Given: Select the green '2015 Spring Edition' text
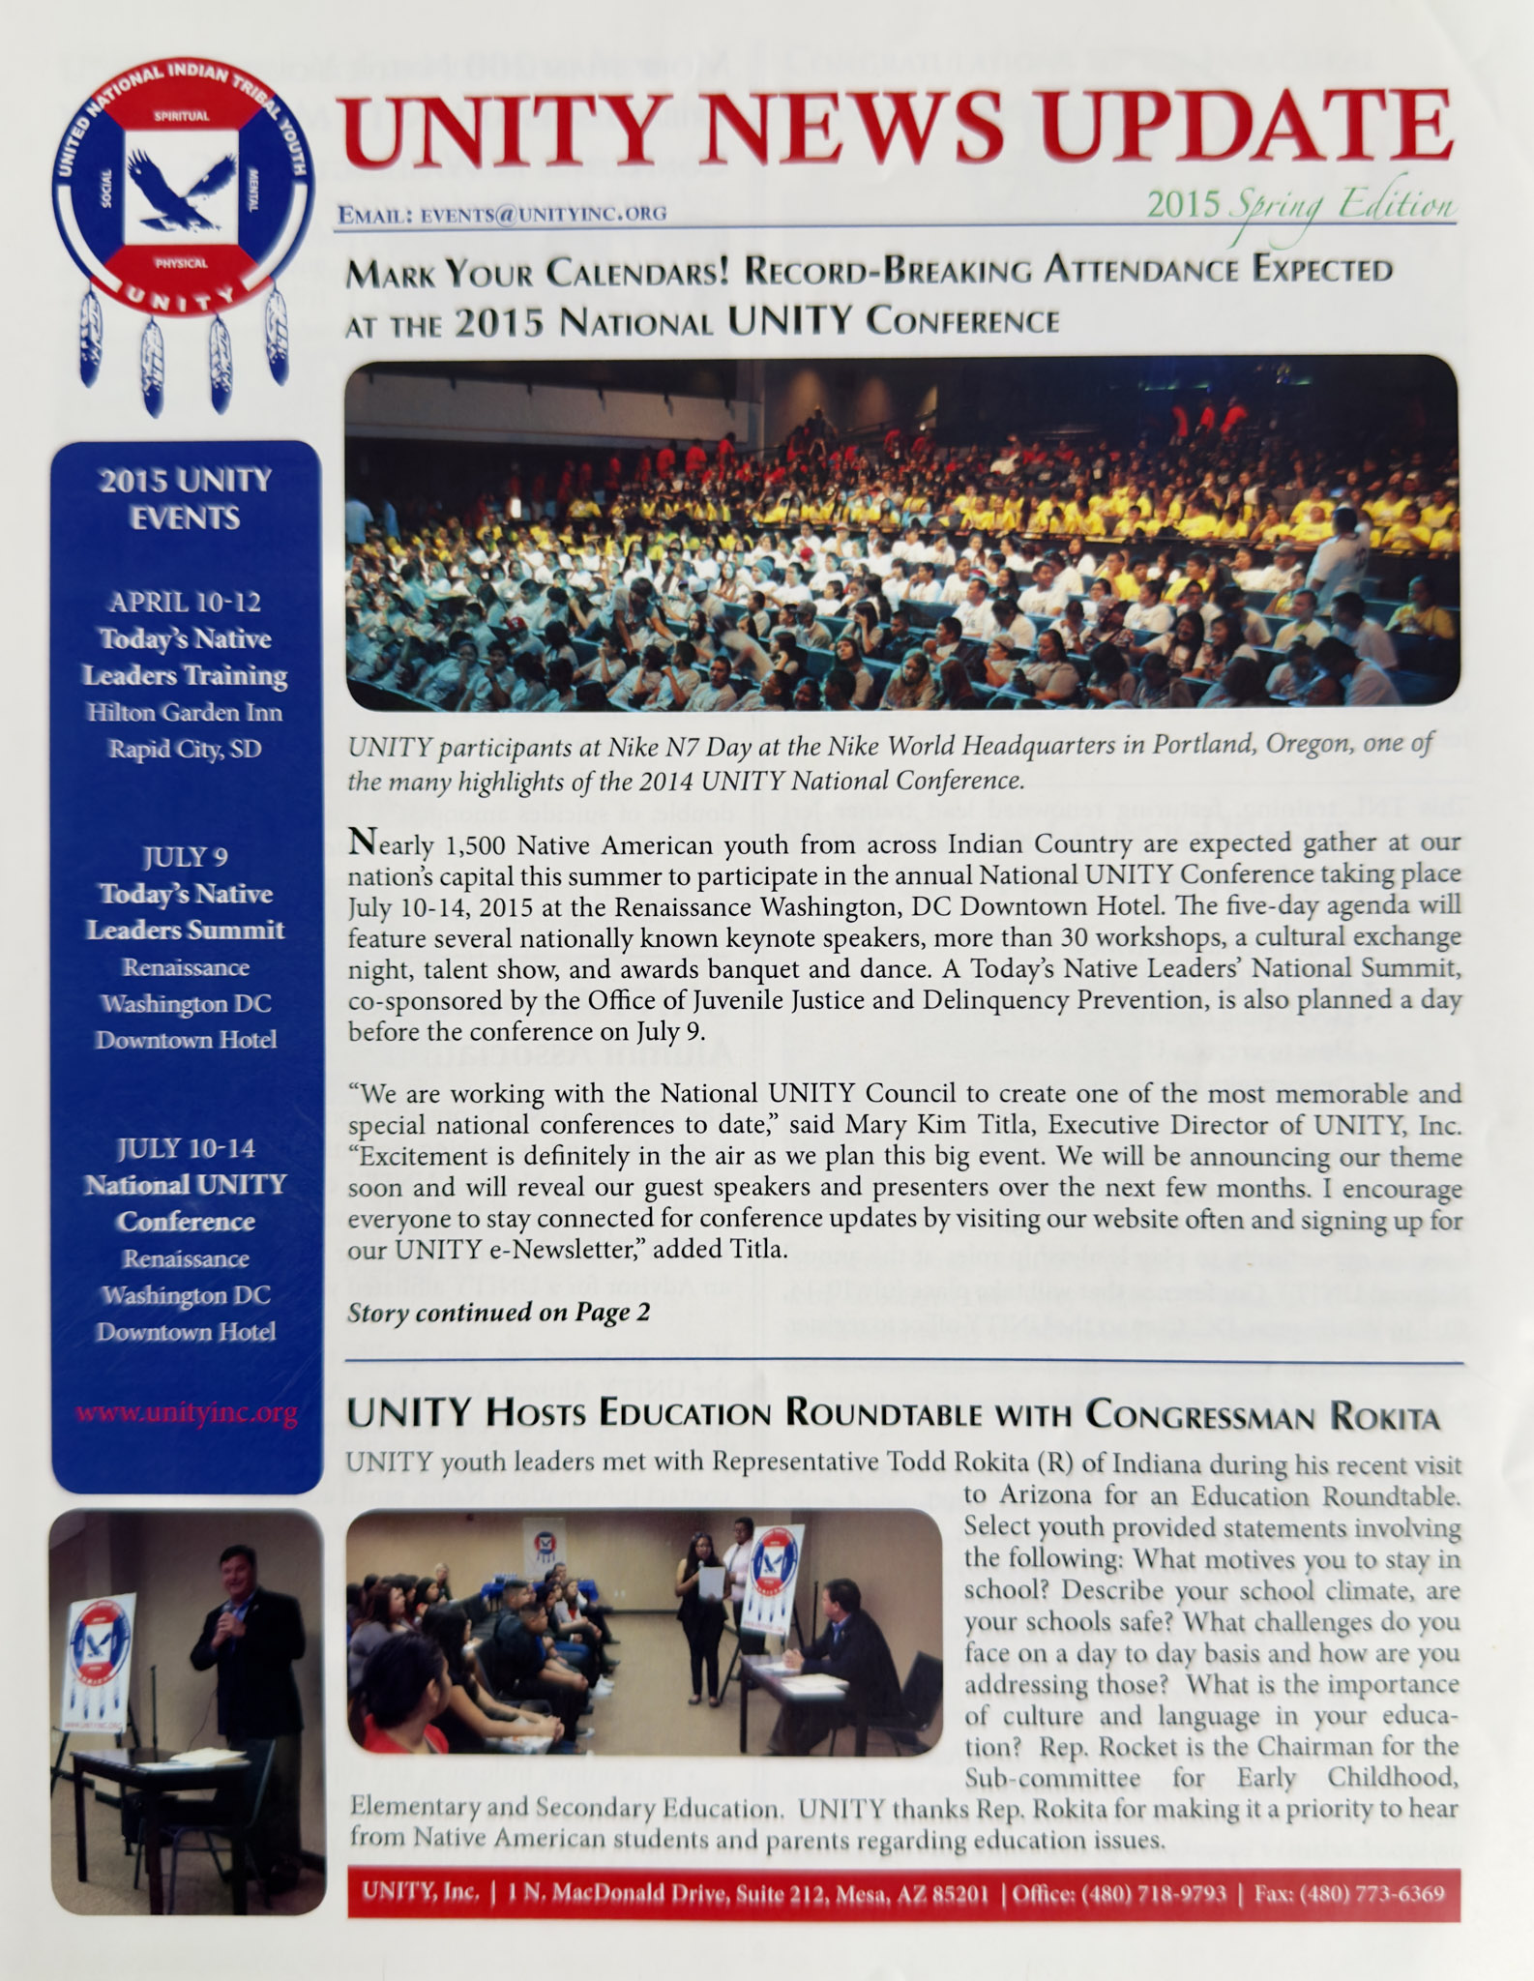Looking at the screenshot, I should [1300, 204].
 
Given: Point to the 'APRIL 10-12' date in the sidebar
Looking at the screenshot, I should [185, 602].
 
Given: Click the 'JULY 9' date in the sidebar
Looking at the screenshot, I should [185, 857].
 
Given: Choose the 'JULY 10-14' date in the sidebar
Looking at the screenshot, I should [185, 1148].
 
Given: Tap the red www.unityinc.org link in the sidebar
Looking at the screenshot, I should [186, 1413].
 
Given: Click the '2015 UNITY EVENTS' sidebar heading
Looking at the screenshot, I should [185, 499].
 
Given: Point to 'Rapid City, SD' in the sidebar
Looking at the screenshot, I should [185, 750].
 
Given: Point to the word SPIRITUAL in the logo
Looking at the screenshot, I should [182, 116].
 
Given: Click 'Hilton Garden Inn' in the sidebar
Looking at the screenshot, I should [185, 713].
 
